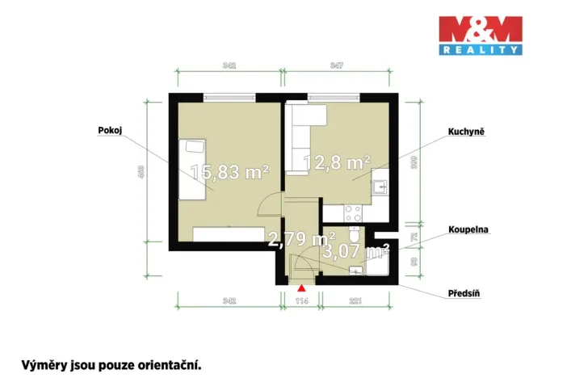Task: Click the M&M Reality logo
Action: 480,36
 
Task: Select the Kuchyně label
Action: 466,130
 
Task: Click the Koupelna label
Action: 467,229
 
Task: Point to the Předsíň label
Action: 465,295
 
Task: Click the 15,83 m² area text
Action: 229,170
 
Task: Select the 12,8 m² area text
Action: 336,162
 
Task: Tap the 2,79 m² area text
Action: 301,238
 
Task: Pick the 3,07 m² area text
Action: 356,251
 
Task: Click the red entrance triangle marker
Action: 301,287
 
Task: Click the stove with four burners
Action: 352,212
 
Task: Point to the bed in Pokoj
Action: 192,169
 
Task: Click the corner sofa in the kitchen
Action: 305,132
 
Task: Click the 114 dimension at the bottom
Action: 301,300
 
